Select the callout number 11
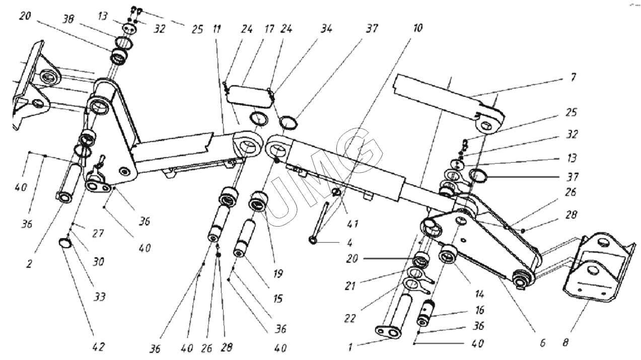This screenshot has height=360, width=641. click(x=217, y=29)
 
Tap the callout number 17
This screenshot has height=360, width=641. click(x=269, y=29)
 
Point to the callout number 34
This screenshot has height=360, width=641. click(x=326, y=29)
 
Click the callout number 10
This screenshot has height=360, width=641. click(x=417, y=29)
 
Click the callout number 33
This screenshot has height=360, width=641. click(x=100, y=297)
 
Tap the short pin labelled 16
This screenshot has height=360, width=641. click(x=428, y=313)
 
